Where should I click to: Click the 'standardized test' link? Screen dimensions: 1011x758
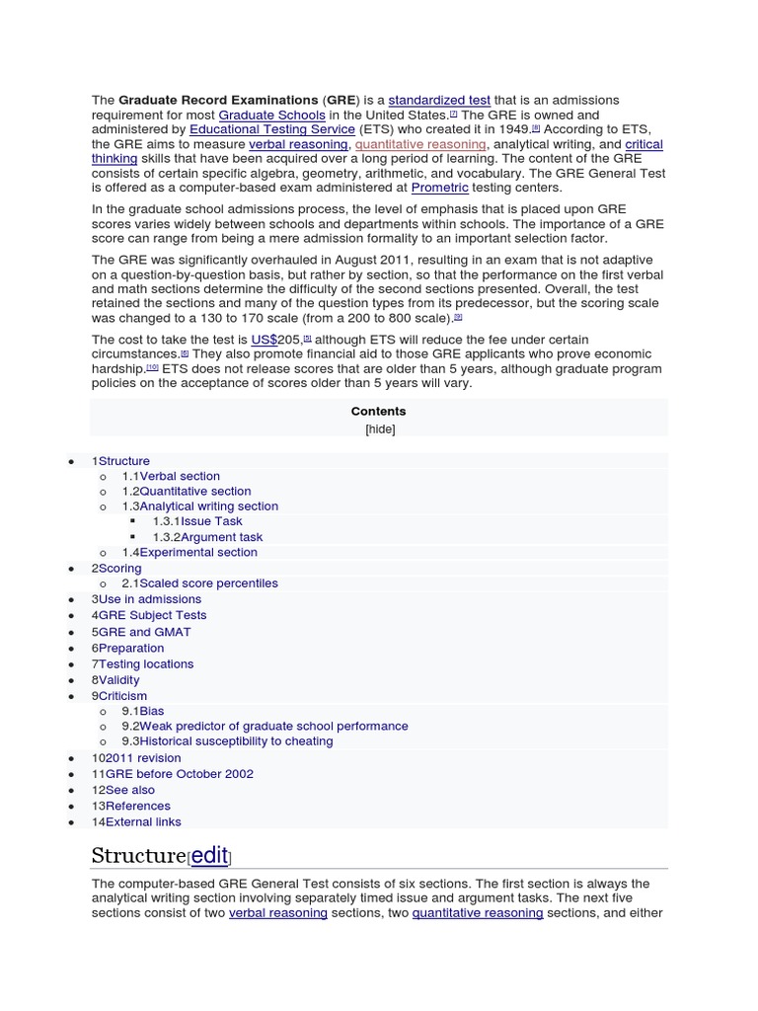point(439,100)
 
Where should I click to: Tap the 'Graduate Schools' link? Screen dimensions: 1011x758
point(271,115)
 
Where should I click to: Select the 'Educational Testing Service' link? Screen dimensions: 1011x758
point(272,129)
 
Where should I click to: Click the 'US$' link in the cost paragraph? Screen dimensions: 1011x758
point(265,339)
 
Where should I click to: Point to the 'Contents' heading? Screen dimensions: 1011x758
point(378,411)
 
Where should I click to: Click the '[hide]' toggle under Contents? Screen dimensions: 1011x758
point(379,428)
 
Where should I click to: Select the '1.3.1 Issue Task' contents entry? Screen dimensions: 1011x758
point(196,521)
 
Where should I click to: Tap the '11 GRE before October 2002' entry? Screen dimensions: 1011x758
point(173,774)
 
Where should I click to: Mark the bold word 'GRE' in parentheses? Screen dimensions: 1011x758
point(336,100)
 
